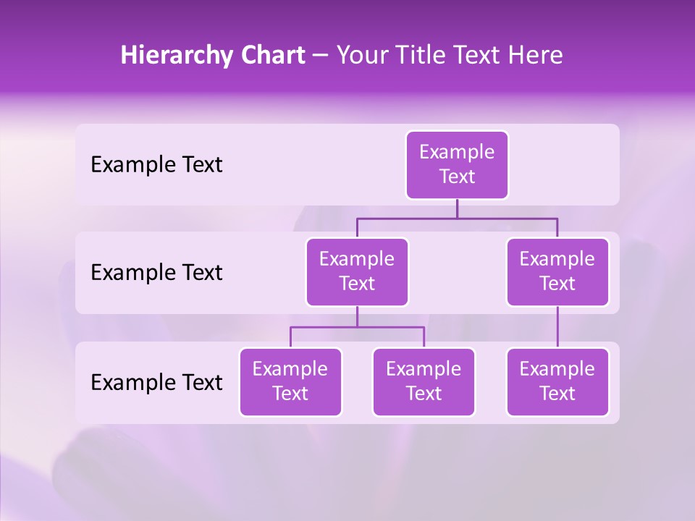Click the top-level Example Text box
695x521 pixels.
457,165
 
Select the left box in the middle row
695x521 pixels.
357,272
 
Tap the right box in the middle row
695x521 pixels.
557,272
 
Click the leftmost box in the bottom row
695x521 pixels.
290,382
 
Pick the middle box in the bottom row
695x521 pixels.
424,382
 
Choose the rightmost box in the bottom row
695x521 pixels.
557,382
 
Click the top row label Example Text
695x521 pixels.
156,165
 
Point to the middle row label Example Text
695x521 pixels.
156,273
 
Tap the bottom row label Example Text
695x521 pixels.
156,383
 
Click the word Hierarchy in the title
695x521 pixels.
174,56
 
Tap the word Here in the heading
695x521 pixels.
536,55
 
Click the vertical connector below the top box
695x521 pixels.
457,208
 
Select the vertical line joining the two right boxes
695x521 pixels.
557,327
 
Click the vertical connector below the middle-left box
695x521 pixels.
357,316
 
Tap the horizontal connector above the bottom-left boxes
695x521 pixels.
357,327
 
